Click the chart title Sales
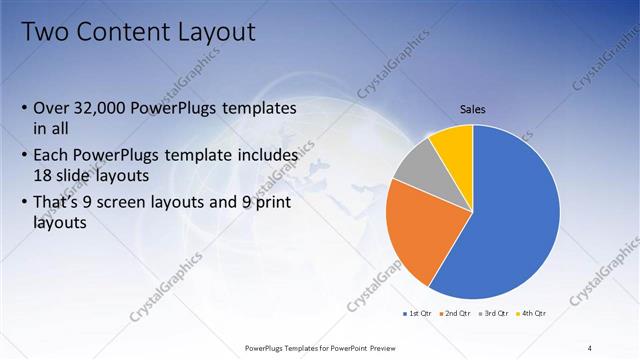pyautogui.click(x=473, y=108)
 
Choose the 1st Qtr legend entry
pyautogui.click(x=418, y=313)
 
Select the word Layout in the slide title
pyautogui.click(x=215, y=32)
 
